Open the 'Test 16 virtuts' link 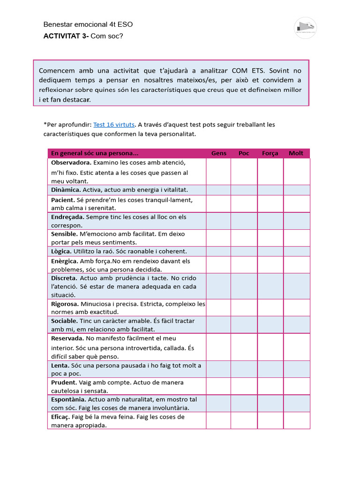point(114,125)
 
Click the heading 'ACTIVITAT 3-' point(65,36)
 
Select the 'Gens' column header point(218,153)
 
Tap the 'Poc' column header point(244,153)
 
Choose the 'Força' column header point(270,153)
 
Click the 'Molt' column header point(296,153)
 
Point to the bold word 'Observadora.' point(71,163)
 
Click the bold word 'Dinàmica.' point(66,190)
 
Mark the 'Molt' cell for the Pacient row point(296,204)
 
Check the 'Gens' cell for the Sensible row point(218,238)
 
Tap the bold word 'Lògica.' point(61,251)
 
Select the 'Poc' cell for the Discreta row point(244,286)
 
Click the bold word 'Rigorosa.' point(65,304)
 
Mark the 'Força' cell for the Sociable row point(270,325)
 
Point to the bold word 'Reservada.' point(67,338)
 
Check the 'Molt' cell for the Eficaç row point(296,421)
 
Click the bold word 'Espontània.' point(68,399)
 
